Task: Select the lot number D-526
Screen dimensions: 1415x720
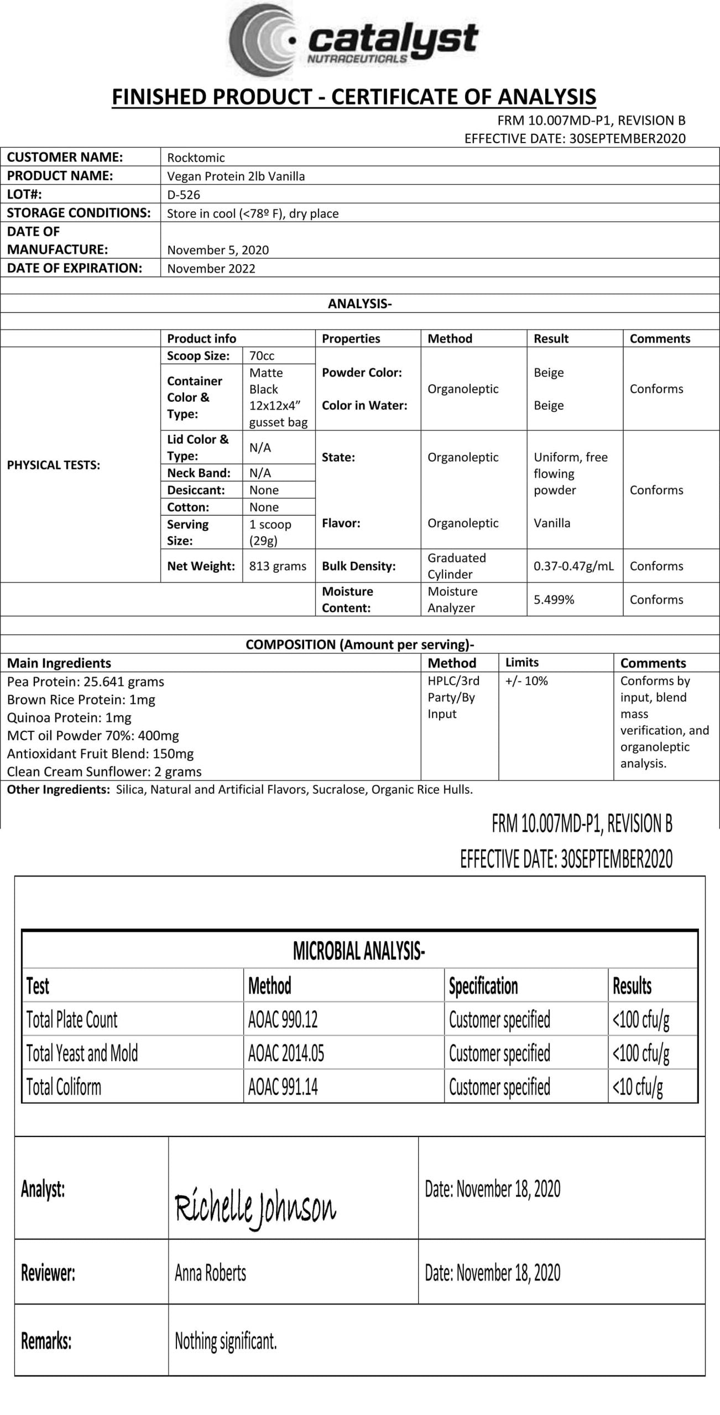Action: pyautogui.click(x=184, y=195)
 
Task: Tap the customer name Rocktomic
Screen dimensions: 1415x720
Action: pyautogui.click(x=196, y=158)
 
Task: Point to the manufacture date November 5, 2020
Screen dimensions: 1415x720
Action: pyautogui.click(x=218, y=250)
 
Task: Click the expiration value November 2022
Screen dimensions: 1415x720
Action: pyautogui.click(x=211, y=269)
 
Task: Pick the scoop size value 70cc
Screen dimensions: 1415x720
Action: pyautogui.click(x=262, y=355)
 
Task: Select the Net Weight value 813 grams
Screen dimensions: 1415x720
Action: pyautogui.click(x=278, y=566)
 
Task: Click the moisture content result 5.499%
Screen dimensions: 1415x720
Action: pyautogui.click(x=554, y=600)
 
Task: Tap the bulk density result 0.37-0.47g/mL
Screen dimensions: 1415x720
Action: pyautogui.click(x=573, y=566)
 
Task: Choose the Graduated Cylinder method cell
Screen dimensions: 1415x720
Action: pyautogui.click(x=456, y=566)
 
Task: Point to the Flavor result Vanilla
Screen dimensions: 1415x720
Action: pyautogui.click(x=551, y=523)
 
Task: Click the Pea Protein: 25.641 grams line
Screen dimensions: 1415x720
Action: pyautogui.click(x=86, y=682)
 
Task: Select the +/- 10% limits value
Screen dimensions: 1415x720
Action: pyautogui.click(x=526, y=681)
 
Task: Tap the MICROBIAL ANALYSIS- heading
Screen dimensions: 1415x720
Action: pyautogui.click(x=359, y=952)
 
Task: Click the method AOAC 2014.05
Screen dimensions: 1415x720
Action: pyautogui.click(x=286, y=1053)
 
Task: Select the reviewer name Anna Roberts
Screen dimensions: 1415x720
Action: pyautogui.click(x=210, y=1272)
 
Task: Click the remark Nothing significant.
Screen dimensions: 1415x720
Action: pyautogui.click(x=226, y=1340)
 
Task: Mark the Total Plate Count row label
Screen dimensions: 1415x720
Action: pyautogui.click(x=72, y=1019)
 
